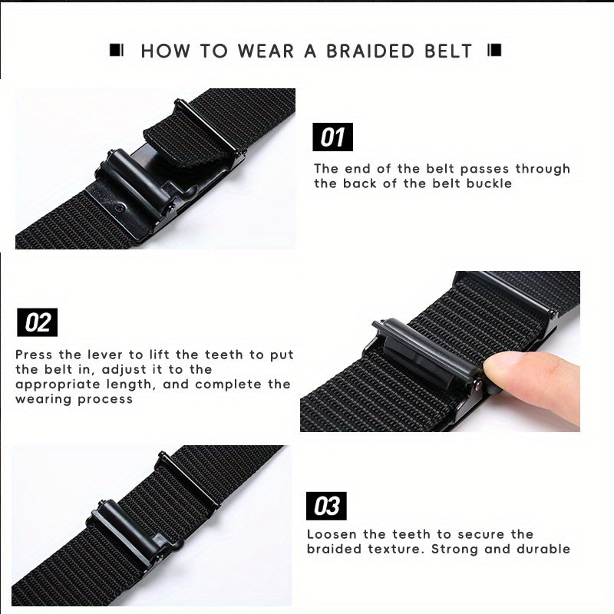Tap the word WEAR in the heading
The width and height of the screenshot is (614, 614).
pos(266,51)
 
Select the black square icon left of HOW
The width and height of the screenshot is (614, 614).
pos(117,50)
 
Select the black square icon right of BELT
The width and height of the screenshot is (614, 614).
pos(494,50)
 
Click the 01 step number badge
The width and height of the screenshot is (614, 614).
pos(332,137)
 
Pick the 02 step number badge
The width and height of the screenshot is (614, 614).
pos(37,322)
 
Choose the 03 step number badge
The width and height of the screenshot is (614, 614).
pos(326,506)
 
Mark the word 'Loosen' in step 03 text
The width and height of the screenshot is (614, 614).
pos(332,534)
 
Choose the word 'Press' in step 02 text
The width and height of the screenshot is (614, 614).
pos(34,355)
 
